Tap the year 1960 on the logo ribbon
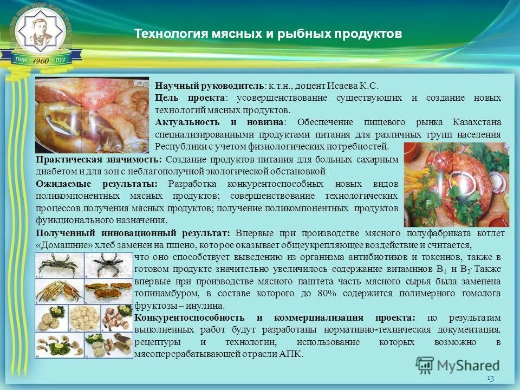coord(41,61)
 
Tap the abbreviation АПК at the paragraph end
coord(291,354)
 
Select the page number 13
coord(491,378)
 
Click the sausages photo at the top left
coord(92,114)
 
